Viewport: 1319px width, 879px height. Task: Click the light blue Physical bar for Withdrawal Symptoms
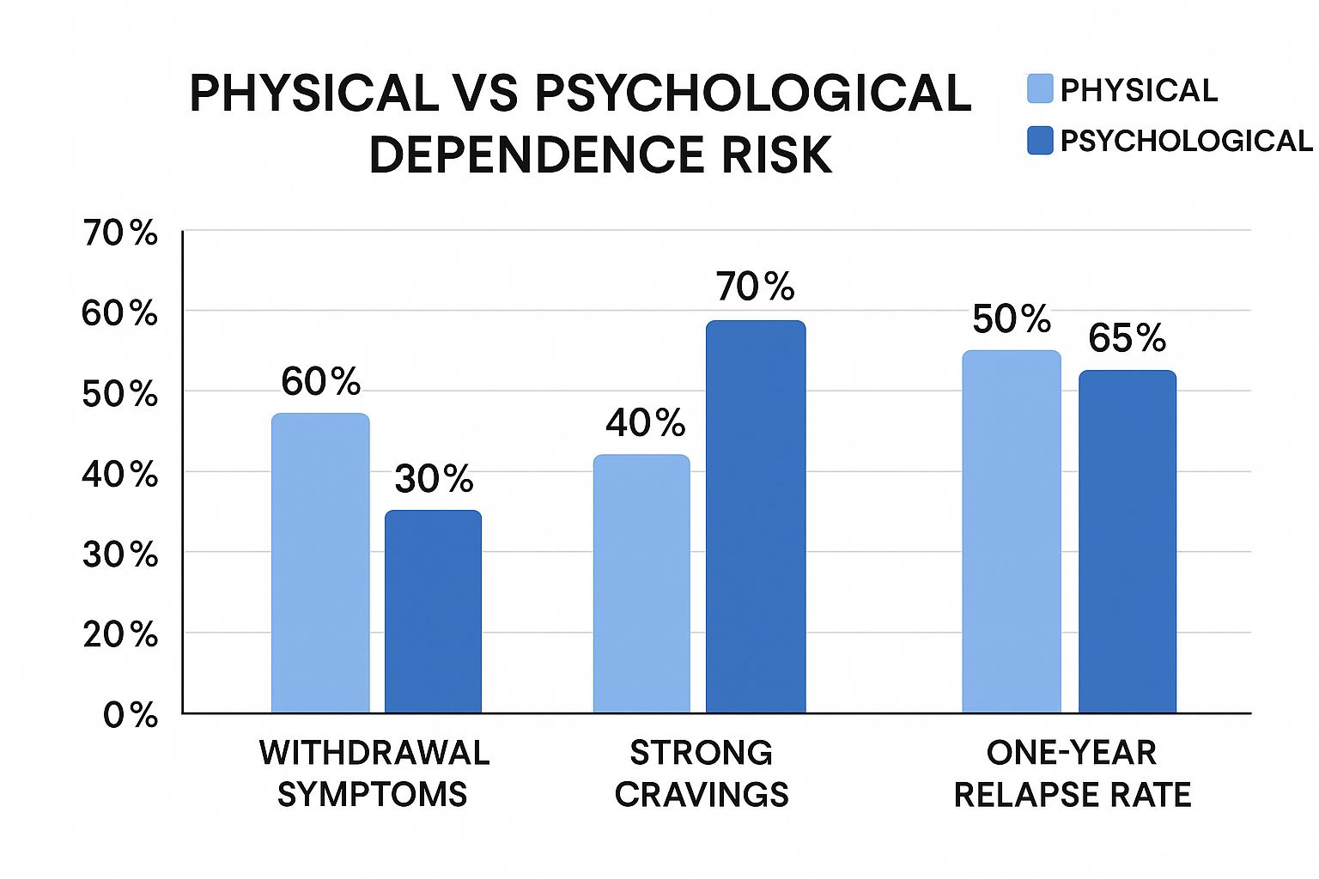click(x=320, y=563)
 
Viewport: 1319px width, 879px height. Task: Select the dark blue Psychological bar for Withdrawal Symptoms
click(x=433, y=611)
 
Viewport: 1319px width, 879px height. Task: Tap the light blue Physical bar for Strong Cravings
click(x=641, y=584)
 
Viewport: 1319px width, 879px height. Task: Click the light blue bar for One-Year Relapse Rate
click(x=1012, y=531)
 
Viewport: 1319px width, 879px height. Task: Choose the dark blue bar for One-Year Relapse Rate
click(x=1128, y=542)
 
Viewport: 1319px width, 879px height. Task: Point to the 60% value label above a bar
click(x=320, y=382)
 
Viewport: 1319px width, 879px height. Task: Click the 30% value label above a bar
click(x=434, y=479)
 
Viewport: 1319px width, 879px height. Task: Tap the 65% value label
click(x=1127, y=338)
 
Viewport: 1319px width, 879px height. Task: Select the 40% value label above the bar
click(x=645, y=423)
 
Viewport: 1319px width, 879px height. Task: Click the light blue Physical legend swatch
click(x=1040, y=89)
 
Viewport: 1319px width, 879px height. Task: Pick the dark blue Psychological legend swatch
click(x=1040, y=141)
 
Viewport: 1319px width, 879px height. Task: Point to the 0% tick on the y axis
click(x=131, y=715)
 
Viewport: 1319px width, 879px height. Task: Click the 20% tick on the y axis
click(x=120, y=635)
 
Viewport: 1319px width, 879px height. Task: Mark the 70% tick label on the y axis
click(x=120, y=233)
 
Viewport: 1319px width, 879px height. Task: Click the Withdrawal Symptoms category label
click(x=374, y=773)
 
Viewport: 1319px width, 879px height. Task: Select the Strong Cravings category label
click(x=702, y=773)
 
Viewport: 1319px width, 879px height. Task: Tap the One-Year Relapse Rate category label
click(x=1072, y=773)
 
